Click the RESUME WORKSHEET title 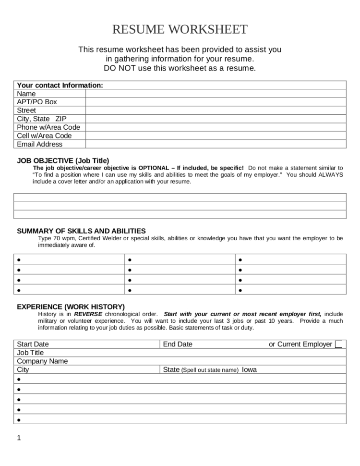point(180,30)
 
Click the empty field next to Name point(216,94)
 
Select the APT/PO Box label point(36,102)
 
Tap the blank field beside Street point(216,110)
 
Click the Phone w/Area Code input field point(216,127)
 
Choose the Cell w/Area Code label point(44,135)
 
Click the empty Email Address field point(216,144)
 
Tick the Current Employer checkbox point(339,344)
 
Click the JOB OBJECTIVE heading point(63,160)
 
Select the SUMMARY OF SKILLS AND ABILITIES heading point(81,231)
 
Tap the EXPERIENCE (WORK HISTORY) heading point(71,307)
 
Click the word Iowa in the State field point(249,370)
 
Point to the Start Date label point(33,344)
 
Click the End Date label point(178,344)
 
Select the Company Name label point(42,361)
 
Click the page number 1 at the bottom point(19,438)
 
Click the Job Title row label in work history point(30,353)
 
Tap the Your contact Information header point(60,85)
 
